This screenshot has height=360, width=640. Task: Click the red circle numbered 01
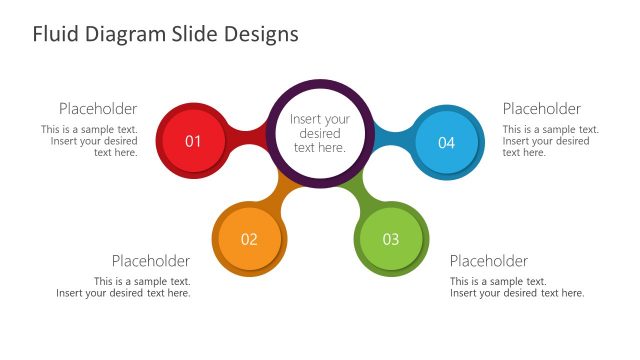tap(193, 141)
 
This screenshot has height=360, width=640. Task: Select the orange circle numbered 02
tap(249, 239)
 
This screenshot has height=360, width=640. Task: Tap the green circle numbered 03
tap(391, 239)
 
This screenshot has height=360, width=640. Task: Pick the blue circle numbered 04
tap(446, 142)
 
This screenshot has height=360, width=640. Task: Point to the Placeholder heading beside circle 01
tap(98, 109)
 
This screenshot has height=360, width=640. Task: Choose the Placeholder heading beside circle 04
tap(541, 109)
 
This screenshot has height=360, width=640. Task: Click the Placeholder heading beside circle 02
tap(151, 261)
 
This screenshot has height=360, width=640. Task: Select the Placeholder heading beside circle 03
tap(489, 261)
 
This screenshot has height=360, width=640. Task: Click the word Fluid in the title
tap(53, 34)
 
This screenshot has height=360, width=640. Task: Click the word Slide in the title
tap(193, 34)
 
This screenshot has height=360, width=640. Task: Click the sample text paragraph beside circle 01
tap(91, 141)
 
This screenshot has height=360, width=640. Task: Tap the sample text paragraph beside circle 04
tap(550, 141)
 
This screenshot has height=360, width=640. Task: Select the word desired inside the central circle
tap(319, 133)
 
